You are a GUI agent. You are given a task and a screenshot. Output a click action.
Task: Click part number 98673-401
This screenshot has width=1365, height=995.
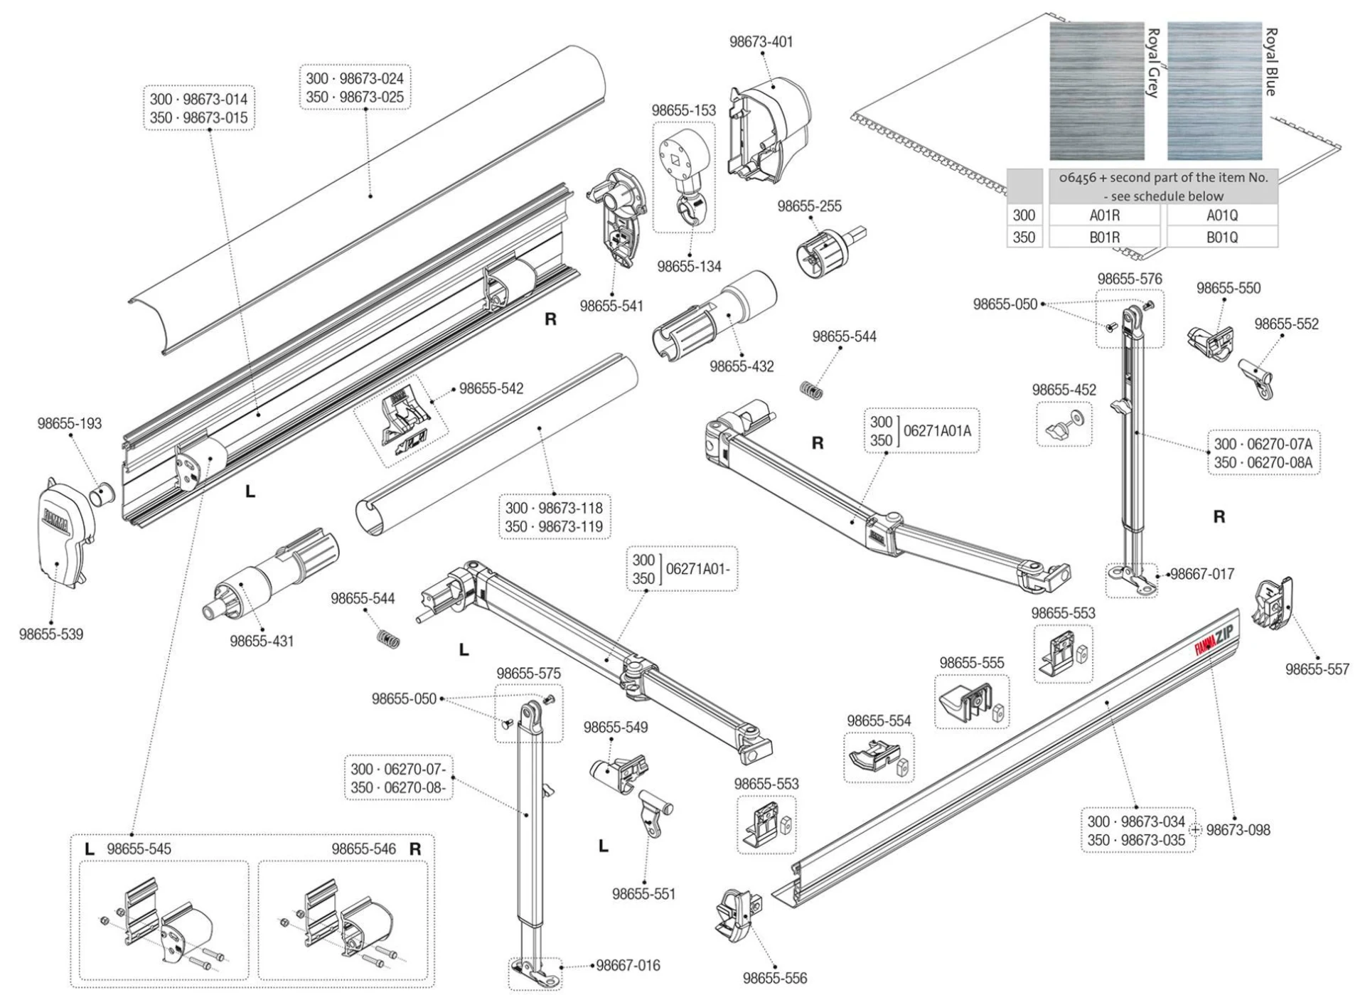(x=761, y=41)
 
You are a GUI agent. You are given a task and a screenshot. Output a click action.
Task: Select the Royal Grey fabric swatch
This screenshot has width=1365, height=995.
(x=1097, y=91)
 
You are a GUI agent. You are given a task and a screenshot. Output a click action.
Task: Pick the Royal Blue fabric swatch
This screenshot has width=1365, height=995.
(x=1214, y=91)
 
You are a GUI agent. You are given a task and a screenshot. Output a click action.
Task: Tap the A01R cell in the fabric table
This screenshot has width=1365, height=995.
(x=1104, y=215)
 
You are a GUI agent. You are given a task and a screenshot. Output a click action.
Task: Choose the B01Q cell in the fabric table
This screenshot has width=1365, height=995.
(x=1221, y=237)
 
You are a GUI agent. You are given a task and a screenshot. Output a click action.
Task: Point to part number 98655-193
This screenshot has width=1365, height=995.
(x=69, y=423)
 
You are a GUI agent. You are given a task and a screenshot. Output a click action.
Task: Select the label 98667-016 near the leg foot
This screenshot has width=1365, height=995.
(x=628, y=965)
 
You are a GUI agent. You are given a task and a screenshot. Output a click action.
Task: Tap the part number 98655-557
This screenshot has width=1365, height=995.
(x=1317, y=669)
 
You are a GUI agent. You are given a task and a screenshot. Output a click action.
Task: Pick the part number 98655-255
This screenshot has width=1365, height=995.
(x=809, y=206)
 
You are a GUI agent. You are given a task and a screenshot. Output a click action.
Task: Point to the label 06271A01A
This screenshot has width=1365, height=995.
(x=936, y=430)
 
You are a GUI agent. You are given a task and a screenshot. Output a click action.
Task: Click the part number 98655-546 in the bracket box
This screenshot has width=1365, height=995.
(x=363, y=848)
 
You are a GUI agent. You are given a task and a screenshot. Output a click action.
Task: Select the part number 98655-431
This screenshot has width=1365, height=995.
(x=262, y=641)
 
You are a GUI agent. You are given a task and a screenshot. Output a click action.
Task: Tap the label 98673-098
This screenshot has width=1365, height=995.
(x=1238, y=829)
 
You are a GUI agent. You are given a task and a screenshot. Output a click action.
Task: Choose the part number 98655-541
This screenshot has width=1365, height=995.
(x=611, y=306)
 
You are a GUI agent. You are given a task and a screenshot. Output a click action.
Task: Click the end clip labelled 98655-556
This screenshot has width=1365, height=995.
(x=737, y=917)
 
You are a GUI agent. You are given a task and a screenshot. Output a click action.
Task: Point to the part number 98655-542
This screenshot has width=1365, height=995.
(x=491, y=388)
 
